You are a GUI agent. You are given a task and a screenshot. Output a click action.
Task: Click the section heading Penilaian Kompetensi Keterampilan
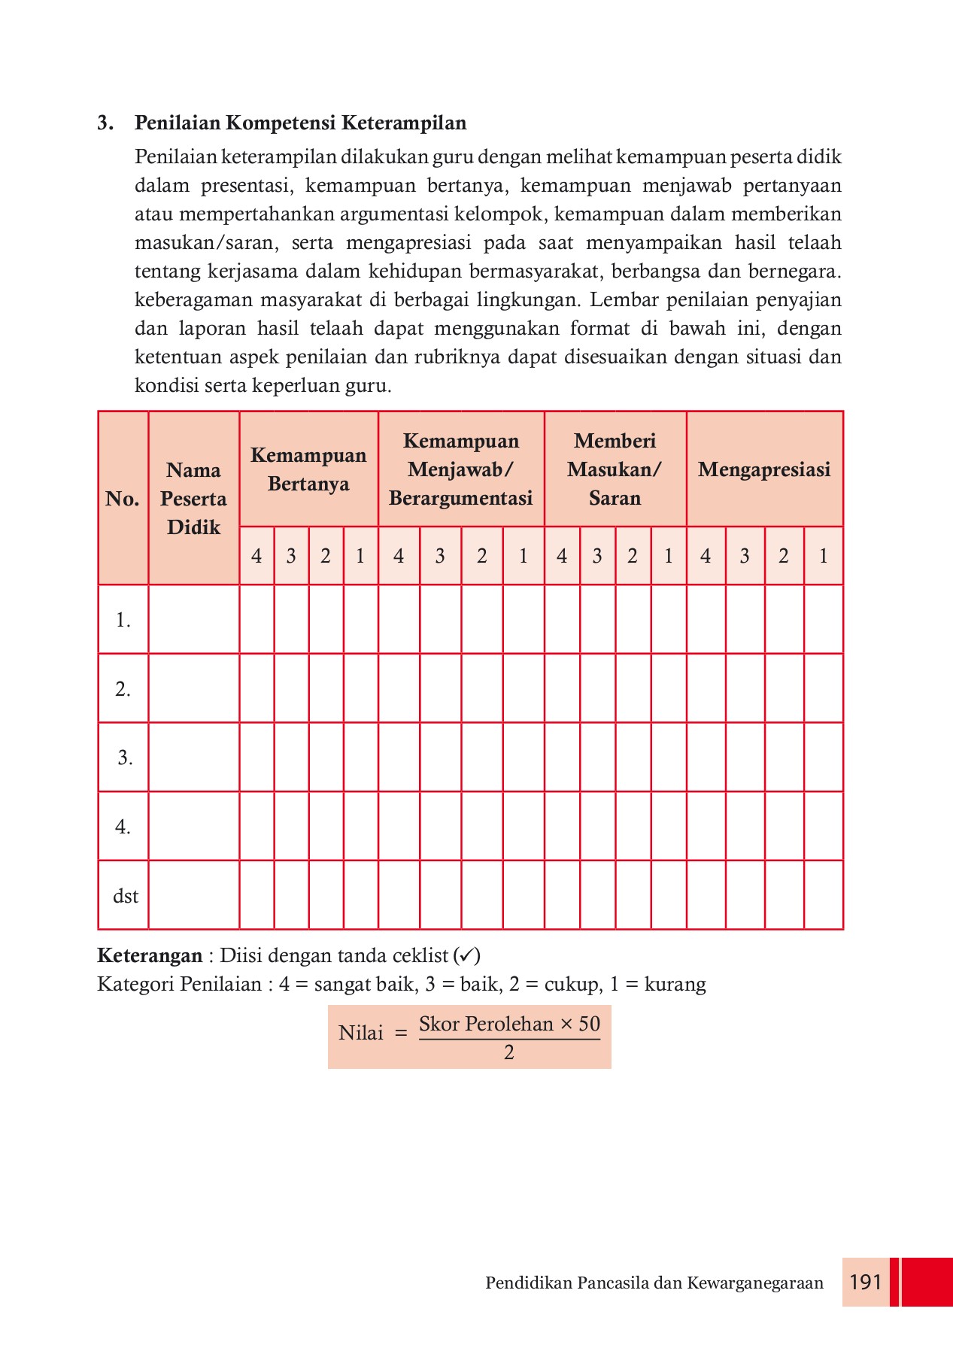300,123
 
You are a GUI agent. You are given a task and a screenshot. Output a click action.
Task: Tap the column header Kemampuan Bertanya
308,469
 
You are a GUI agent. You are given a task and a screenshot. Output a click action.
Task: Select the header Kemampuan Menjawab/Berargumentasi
460,469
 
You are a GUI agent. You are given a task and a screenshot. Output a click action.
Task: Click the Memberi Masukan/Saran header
615,469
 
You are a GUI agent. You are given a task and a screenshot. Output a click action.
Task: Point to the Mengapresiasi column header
763,469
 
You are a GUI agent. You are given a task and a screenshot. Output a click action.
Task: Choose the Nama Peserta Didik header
193,499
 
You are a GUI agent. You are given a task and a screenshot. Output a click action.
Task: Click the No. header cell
123,499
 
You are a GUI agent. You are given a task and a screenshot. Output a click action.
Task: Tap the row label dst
125,896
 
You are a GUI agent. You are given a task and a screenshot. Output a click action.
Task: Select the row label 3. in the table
125,757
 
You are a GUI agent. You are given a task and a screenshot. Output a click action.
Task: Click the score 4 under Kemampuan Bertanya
256,556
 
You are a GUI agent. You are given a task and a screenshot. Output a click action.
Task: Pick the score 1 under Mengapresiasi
823,556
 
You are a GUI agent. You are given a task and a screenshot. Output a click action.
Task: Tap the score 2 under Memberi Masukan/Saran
633,556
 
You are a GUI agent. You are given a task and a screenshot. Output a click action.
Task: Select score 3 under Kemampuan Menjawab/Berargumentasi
440,556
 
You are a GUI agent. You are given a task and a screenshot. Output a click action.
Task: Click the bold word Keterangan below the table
150,955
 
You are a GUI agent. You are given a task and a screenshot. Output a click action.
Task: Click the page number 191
865,1282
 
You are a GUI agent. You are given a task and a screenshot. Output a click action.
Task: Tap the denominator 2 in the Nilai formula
509,1052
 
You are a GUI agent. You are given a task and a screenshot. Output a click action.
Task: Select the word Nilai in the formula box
361,1033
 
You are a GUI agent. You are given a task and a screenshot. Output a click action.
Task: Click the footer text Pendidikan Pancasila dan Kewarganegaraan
654,1283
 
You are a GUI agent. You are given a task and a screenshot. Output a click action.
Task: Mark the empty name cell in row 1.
193,619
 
